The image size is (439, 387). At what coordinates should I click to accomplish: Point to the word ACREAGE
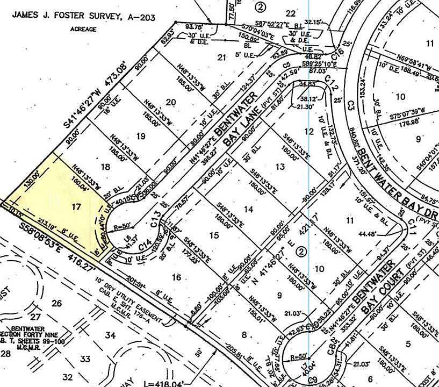click(83, 29)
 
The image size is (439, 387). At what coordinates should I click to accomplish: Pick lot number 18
click(105, 167)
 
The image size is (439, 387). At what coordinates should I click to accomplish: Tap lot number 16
click(177, 277)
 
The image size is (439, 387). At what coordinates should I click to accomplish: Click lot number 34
click(110, 335)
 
